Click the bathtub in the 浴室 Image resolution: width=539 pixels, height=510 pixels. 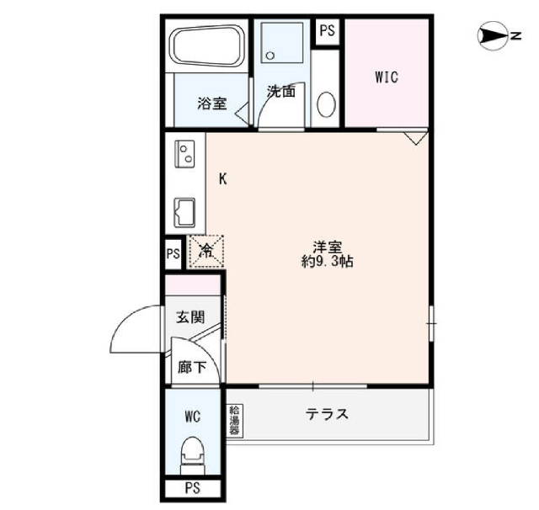tap(208, 46)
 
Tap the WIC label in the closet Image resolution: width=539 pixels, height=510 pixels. tap(387, 77)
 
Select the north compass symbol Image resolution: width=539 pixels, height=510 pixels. tap(495, 35)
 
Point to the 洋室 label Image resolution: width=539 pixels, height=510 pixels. tap(327, 247)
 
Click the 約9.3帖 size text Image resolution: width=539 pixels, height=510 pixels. tap(327, 262)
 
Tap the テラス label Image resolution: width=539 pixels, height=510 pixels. tap(327, 414)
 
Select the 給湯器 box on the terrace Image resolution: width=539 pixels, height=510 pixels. tap(234, 420)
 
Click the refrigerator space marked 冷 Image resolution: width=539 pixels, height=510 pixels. tap(205, 252)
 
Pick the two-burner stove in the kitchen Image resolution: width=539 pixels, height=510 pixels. tap(184, 154)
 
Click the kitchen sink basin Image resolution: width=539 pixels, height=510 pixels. tap(184, 213)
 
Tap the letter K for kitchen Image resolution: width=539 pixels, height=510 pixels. tap(223, 179)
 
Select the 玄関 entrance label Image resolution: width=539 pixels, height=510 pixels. tap(190, 317)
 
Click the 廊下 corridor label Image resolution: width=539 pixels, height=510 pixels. tap(192, 368)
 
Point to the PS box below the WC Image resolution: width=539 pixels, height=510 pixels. tap(193, 488)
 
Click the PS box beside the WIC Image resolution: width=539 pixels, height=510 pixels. tap(327, 31)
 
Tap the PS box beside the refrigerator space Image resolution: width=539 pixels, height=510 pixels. tap(173, 254)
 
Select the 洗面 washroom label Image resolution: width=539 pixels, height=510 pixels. tap(281, 91)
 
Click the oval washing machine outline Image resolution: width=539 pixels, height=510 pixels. tap(327, 105)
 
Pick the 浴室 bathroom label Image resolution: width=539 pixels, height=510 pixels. tap(211, 104)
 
